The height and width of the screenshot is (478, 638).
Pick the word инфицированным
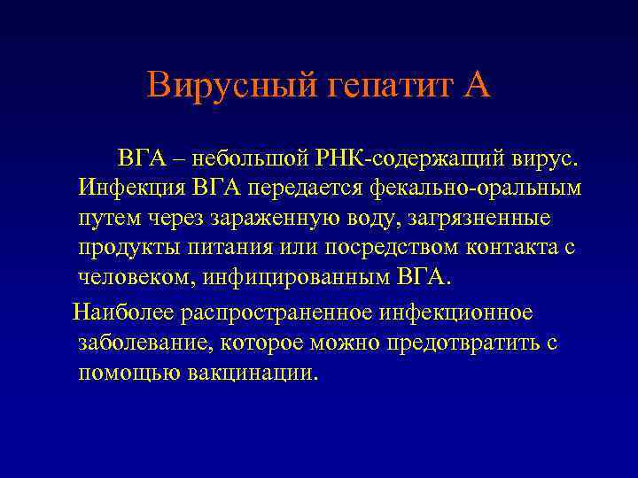point(294,277)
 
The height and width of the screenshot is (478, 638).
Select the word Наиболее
point(122,312)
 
